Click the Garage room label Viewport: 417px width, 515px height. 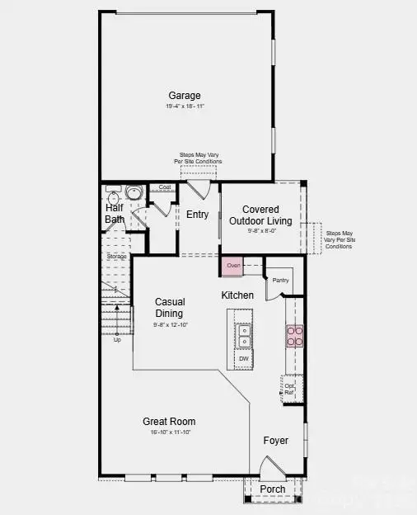185,96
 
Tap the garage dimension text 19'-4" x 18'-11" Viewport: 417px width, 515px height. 185,106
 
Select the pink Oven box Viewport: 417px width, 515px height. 233,266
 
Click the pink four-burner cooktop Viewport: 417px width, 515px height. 294,335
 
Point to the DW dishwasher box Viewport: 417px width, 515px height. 244,359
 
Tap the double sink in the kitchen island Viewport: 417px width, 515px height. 244,335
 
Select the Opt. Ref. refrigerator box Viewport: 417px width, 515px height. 289,388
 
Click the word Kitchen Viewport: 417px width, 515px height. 237,295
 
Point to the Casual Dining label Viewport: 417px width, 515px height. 170,307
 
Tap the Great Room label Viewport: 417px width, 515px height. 169,421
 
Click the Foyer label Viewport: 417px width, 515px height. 276,441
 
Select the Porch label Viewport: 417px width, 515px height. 273,489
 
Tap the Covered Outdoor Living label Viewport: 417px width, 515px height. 260,215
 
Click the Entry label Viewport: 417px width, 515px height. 197,215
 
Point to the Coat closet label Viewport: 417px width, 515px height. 165,187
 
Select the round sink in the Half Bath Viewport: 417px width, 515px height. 132,194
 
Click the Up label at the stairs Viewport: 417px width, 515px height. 117,339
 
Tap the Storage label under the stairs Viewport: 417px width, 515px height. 116,257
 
